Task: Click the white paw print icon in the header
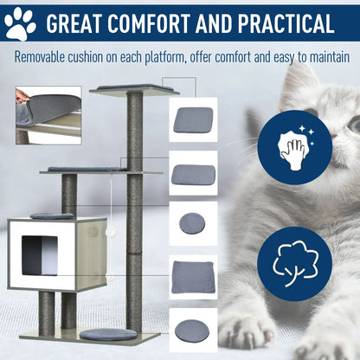[20, 22]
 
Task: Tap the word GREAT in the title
[82, 22]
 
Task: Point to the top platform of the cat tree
[133, 88]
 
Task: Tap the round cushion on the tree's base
[108, 334]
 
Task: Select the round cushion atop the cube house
[52, 215]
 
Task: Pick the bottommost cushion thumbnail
[193, 330]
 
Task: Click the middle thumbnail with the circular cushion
[193, 223]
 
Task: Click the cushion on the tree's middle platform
[87, 169]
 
